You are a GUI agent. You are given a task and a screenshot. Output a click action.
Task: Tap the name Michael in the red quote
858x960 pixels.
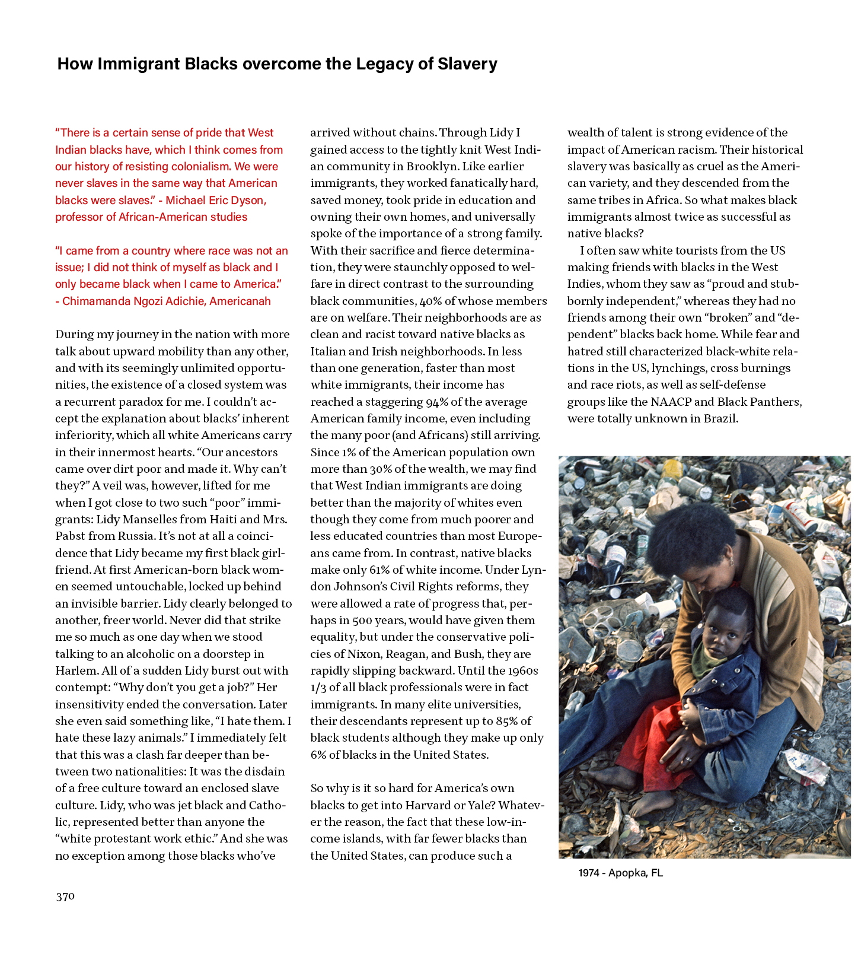(x=184, y=200)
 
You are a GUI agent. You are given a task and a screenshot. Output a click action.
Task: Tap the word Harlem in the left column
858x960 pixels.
(x=76, y=670)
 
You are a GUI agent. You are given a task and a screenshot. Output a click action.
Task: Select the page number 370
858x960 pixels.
(x=65, y=897)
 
